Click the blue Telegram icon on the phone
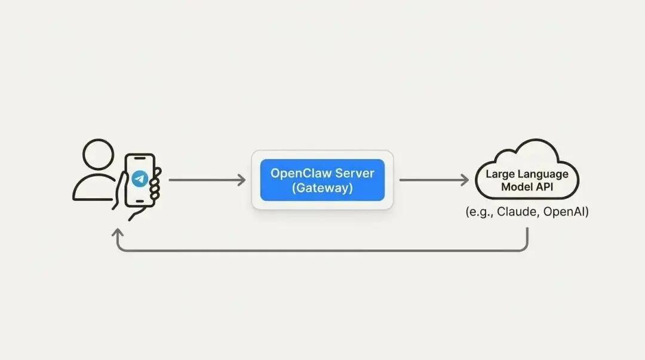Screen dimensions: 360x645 pos(140,179)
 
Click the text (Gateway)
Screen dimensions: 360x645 pos(322,188)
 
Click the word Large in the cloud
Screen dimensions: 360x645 pos(499,174)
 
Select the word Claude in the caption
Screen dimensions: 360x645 pos(520,212)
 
